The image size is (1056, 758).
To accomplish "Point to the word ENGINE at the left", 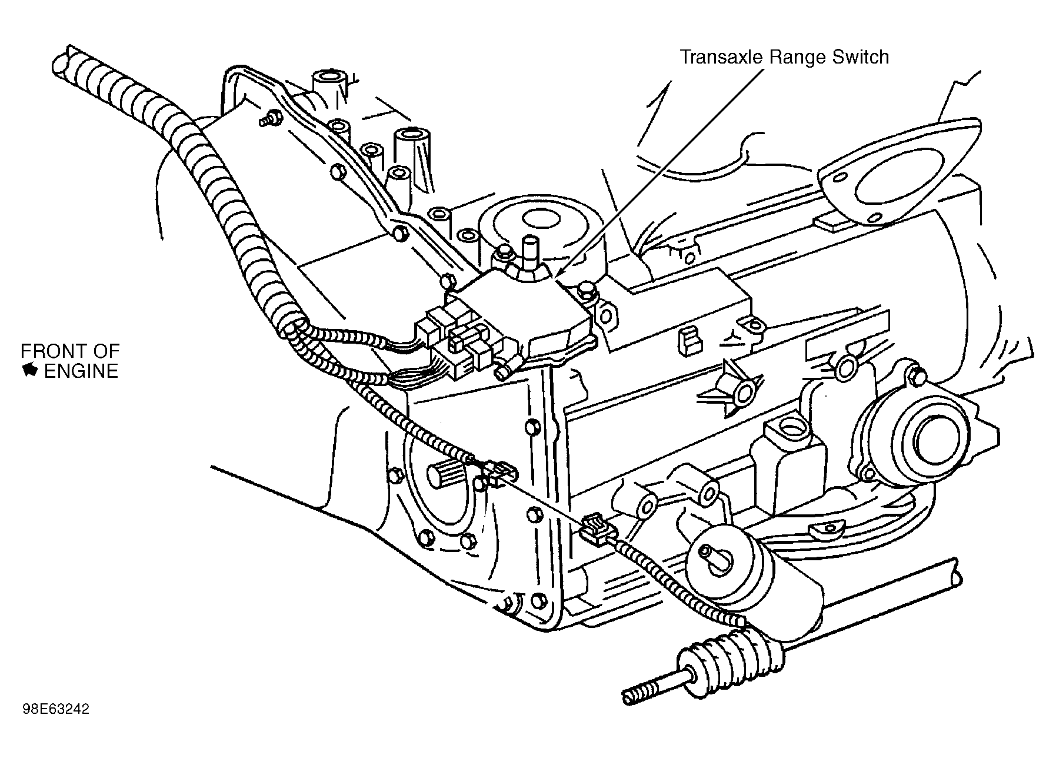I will (x=81, y=371).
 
